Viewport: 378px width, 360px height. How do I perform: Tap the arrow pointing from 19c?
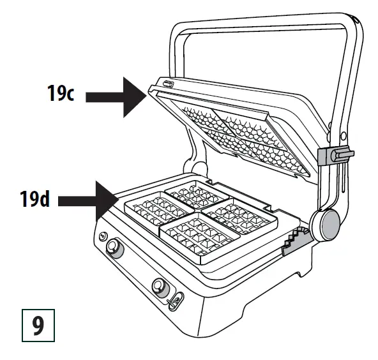pos(114,95)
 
